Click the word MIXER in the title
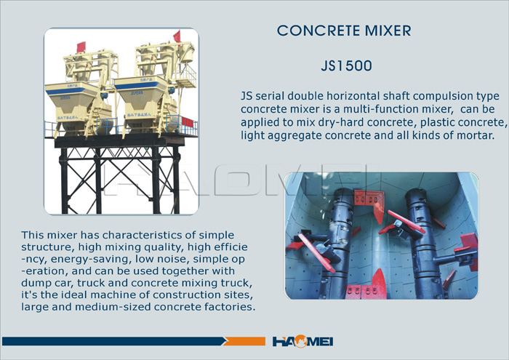388,31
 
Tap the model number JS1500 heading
346,66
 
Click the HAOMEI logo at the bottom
302,342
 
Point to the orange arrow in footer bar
244,341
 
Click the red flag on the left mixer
81,47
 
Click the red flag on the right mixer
177,36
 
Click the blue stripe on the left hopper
65,91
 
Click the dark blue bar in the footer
114,341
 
